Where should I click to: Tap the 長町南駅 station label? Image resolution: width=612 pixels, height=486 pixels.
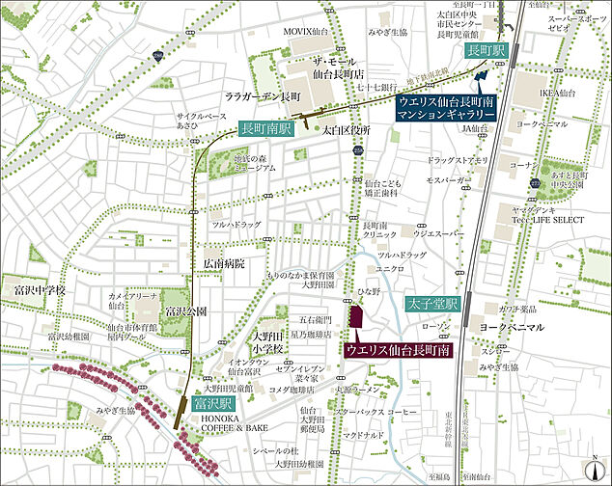(266, 127)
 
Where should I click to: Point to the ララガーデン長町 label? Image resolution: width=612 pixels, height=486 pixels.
(264, 97)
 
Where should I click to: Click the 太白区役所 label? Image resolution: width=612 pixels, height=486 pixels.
(347, 128)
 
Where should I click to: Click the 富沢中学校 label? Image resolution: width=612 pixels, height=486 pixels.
(33, 289)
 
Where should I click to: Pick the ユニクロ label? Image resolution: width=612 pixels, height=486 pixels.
(388, 267)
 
